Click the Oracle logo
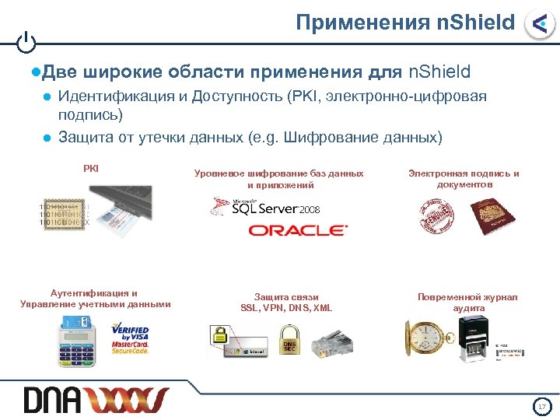(298, 230)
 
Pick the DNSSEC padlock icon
(289, 341)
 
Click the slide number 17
(542, 407)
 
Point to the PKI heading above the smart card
(91, 168)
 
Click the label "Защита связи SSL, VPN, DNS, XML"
(286, 303)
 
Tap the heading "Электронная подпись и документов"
(464, 179)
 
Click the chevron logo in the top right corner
(538, 24)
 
